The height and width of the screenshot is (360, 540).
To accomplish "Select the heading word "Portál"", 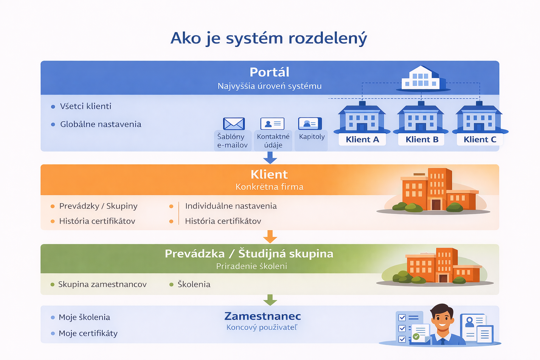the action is [269, 72].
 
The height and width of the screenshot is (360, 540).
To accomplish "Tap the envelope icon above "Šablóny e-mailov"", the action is [234, 124].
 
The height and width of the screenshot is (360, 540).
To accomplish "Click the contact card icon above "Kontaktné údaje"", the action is [272, 124].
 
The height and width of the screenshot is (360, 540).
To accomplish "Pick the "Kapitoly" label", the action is [312, 137].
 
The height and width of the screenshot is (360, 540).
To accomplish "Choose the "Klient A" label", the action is [362, 140].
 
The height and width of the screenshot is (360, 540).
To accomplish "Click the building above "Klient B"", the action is [421, 117].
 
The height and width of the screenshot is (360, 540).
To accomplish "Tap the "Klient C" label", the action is [480, 140].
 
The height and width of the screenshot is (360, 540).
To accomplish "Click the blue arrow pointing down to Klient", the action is [270, 158].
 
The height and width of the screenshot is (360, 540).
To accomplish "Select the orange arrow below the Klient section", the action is [270, 237].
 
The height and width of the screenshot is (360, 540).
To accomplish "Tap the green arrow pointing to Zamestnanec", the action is [270, 300].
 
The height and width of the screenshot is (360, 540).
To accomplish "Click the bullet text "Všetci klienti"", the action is [85, 106].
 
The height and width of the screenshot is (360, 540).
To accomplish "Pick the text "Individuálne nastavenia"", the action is [231, 206].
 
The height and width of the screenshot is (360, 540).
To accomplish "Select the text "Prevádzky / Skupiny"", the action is [98, 206].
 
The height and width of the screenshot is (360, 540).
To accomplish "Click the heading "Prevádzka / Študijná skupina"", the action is [249, 254].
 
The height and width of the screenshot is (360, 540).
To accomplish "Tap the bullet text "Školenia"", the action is [194, 284].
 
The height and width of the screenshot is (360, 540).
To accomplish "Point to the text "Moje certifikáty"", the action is [88, 334].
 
